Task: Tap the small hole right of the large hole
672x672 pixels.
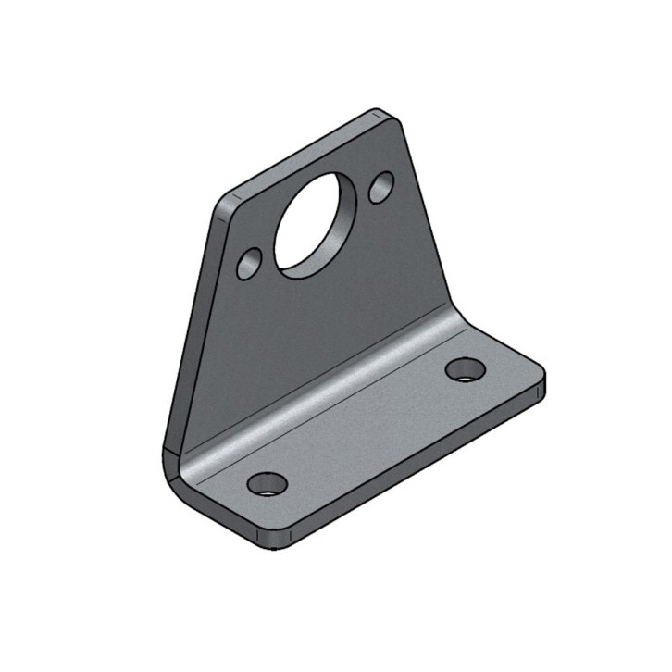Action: pos(381,188)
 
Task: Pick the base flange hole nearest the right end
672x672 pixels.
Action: pos(465,369)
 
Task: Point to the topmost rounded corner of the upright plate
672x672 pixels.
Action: pos(383,115)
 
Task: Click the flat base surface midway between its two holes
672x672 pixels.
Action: pos(366,426)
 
